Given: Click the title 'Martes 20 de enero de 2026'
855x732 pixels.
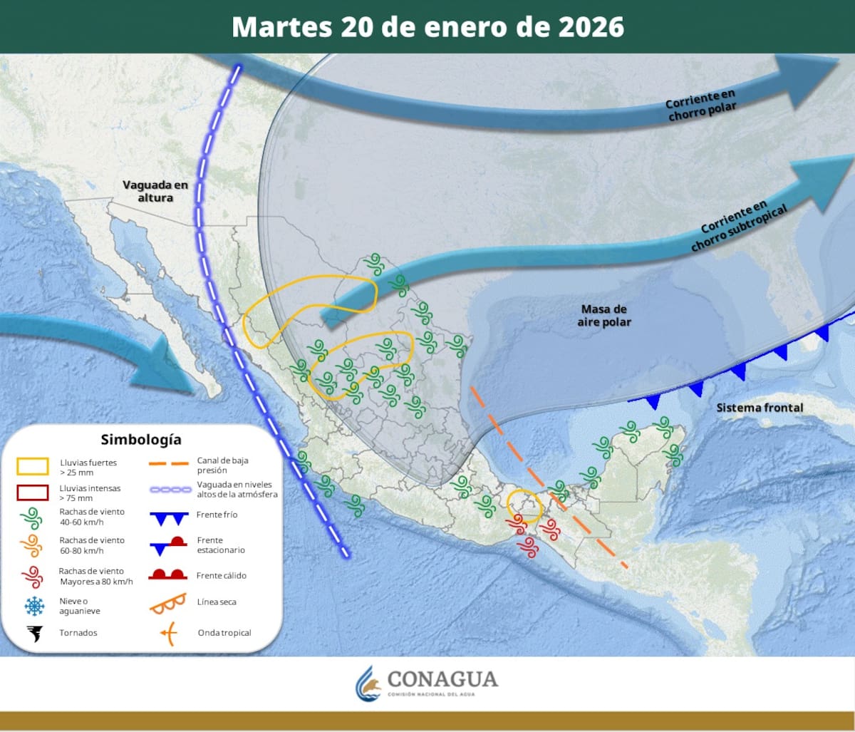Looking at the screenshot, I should pos(427,26).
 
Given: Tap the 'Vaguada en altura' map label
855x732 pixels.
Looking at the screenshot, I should pos(155,191).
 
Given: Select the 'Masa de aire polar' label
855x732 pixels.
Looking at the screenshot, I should pos(604,315).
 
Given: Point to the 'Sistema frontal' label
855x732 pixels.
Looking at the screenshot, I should pos(760,408).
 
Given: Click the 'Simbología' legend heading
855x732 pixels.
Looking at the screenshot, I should pos(141,439).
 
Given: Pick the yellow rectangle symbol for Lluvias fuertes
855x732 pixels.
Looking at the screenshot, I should pos(33,467).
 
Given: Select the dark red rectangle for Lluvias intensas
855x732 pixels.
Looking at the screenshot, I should pos(33,493).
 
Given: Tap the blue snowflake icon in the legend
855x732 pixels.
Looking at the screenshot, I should pos(33,606).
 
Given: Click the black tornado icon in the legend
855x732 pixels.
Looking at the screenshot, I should pos(33,632).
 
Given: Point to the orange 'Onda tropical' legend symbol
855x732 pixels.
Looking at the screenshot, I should pos(168,632).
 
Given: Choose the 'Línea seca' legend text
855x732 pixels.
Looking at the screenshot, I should pos(217,602).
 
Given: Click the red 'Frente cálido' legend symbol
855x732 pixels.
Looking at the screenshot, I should pos(168,574).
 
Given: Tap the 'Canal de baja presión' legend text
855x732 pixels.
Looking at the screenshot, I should pos(222,465).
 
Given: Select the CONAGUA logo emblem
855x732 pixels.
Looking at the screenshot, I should pos(368,684).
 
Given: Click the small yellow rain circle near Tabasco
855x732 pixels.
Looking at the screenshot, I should pos(525,503).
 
